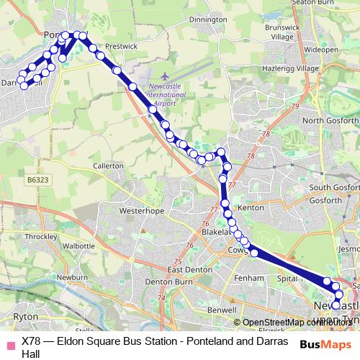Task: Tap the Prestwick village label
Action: (x=121, y=45)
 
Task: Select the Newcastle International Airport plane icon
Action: (x=165, y=75)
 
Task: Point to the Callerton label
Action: (x=109, y=165)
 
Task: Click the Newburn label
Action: (x=73, y=276)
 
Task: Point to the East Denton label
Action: (x=187, y=269)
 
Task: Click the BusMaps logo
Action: (x=324, y=343)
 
